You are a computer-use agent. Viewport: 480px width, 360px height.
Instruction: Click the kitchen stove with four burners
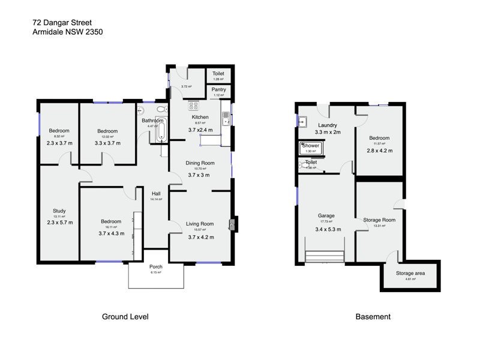194,107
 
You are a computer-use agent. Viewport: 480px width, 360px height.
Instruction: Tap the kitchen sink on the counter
226,118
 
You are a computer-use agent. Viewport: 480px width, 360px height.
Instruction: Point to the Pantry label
218,89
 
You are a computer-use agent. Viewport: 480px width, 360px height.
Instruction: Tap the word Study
59,211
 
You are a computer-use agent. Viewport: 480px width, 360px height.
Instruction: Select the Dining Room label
200,163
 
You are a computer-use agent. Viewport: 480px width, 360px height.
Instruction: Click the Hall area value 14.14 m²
157,200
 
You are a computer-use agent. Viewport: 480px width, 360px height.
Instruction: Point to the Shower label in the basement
311,146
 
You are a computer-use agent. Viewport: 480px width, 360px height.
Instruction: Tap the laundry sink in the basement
303,118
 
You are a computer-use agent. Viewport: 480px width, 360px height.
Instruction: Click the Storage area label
410,273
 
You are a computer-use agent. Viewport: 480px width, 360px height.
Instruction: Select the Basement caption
373,317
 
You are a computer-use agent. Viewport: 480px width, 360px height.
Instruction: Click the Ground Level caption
125,317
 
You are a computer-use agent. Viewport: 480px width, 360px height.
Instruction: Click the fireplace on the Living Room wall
232,224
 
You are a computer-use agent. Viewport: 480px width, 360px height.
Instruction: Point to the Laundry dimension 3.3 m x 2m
328,132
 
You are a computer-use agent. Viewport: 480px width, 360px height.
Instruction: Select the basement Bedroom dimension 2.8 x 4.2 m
380,151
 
